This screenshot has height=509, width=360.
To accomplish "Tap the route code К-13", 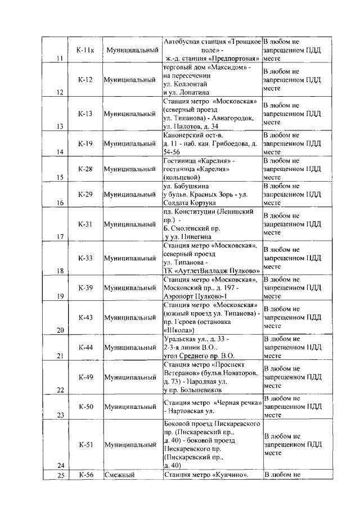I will (x=85, y=113).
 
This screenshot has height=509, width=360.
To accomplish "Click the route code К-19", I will (x=85, y=143).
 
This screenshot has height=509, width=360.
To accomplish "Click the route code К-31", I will (x=85, y=224).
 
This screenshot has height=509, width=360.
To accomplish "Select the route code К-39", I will (x=85, y=287).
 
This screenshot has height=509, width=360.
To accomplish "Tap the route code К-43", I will (x=85, y=318).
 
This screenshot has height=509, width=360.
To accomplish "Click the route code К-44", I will (x=85, y=348).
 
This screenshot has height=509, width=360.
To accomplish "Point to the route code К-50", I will (x=85, y=406).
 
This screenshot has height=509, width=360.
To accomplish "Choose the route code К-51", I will (x=85, y=444).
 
